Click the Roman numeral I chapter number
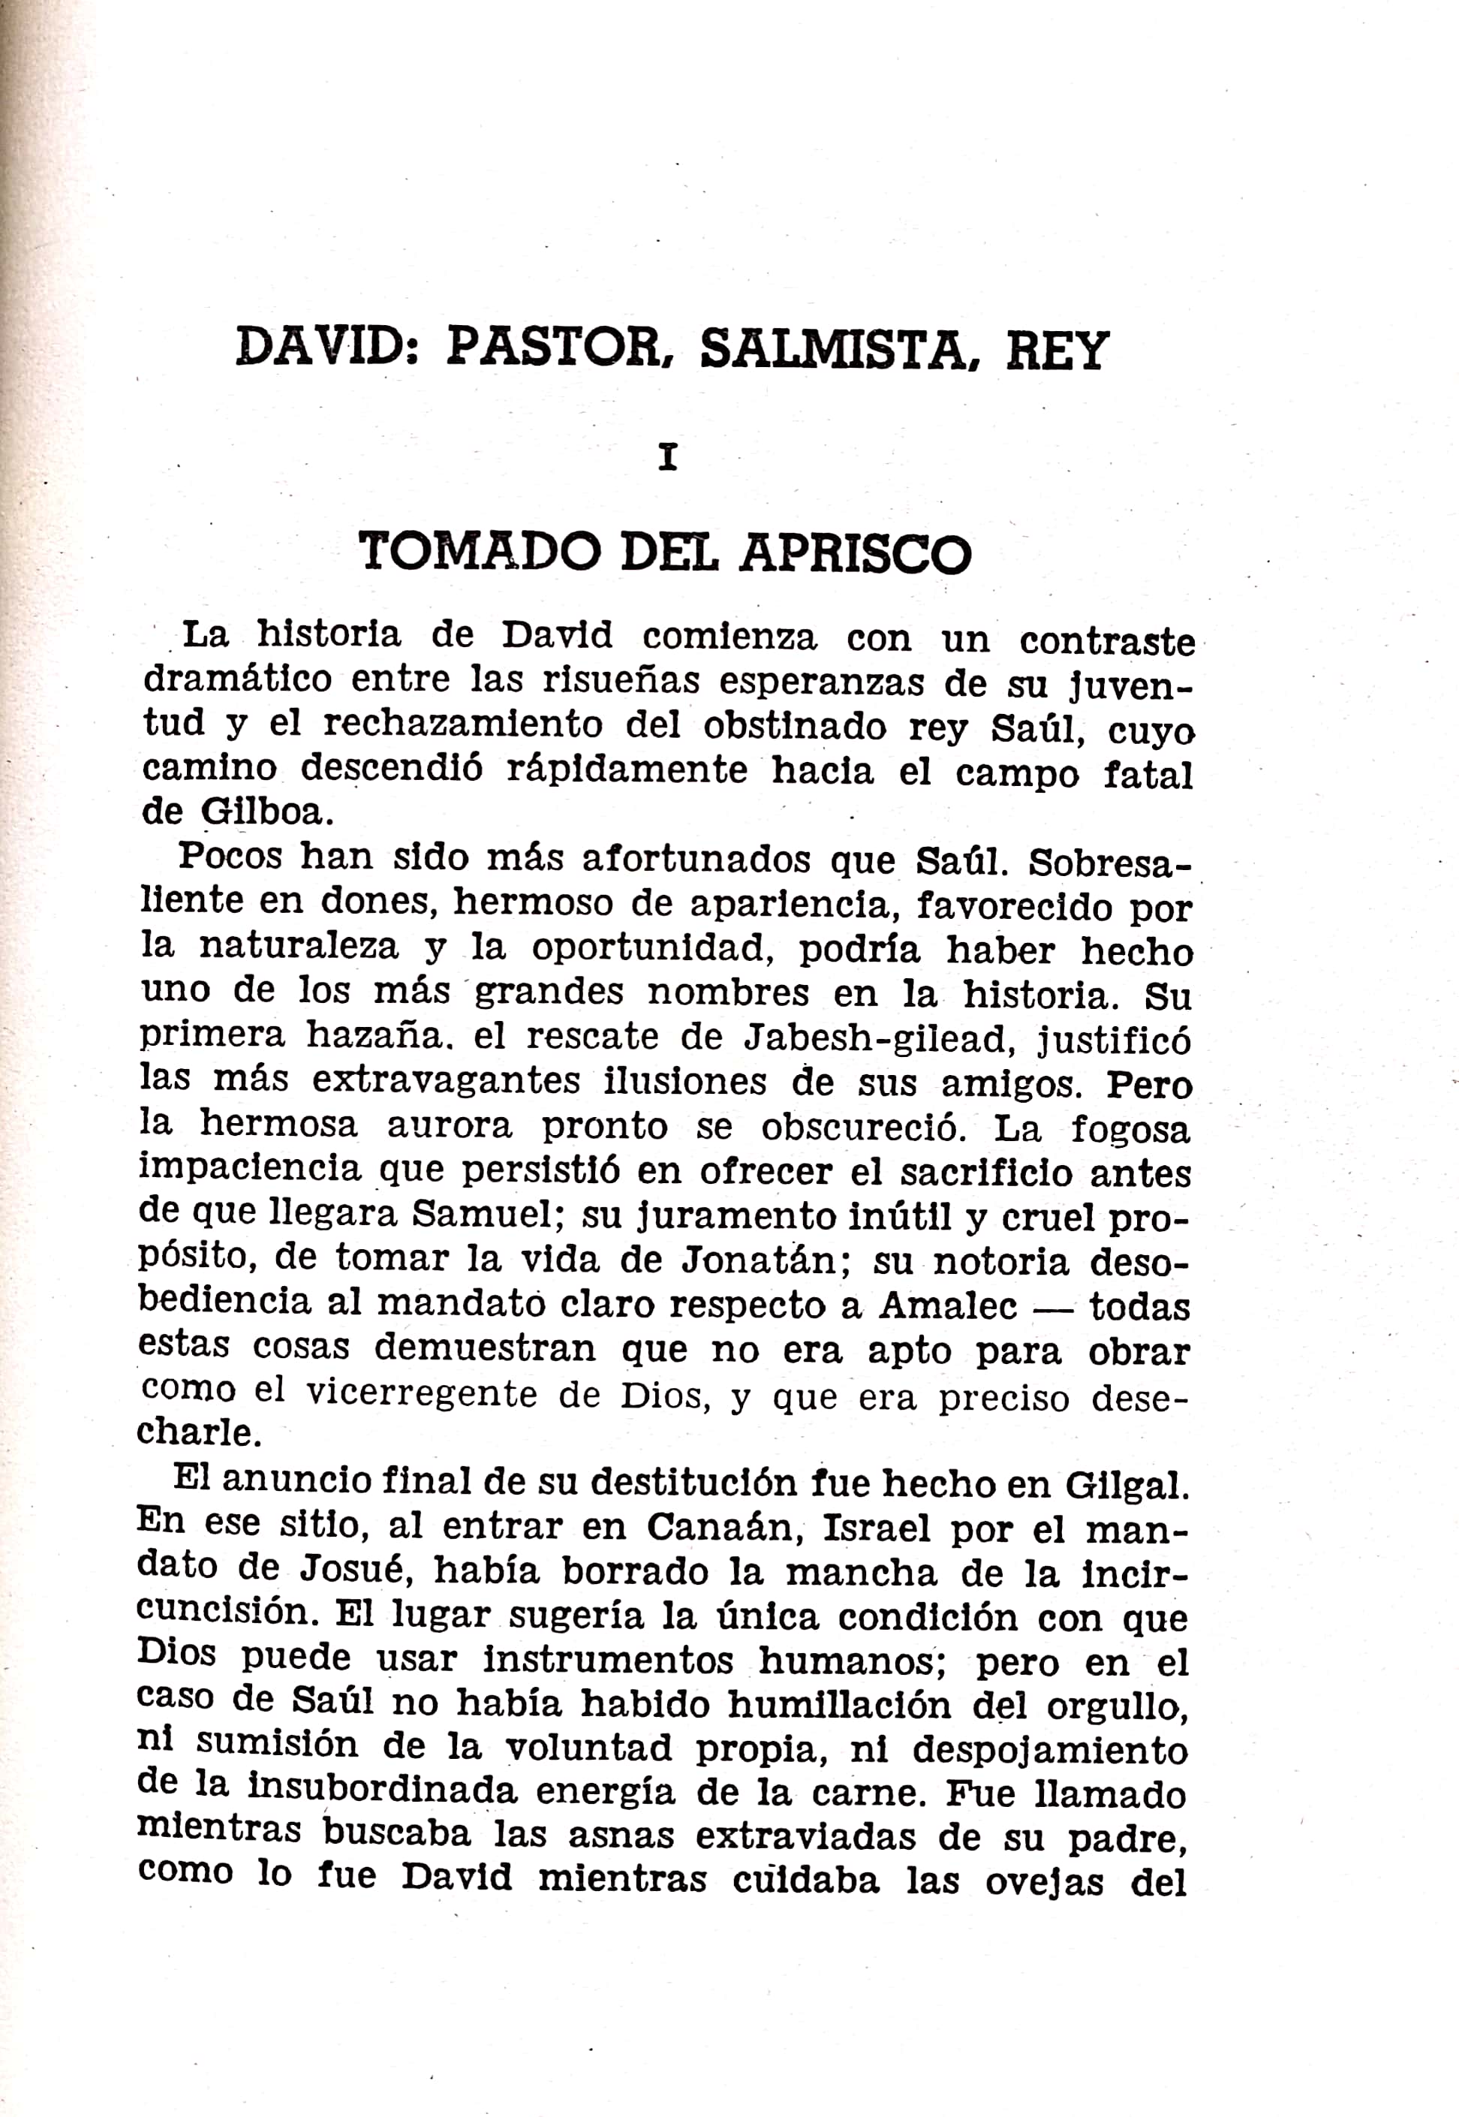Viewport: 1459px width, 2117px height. (x=668, y=457)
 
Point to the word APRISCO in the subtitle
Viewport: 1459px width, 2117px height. (x=855, y=553)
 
